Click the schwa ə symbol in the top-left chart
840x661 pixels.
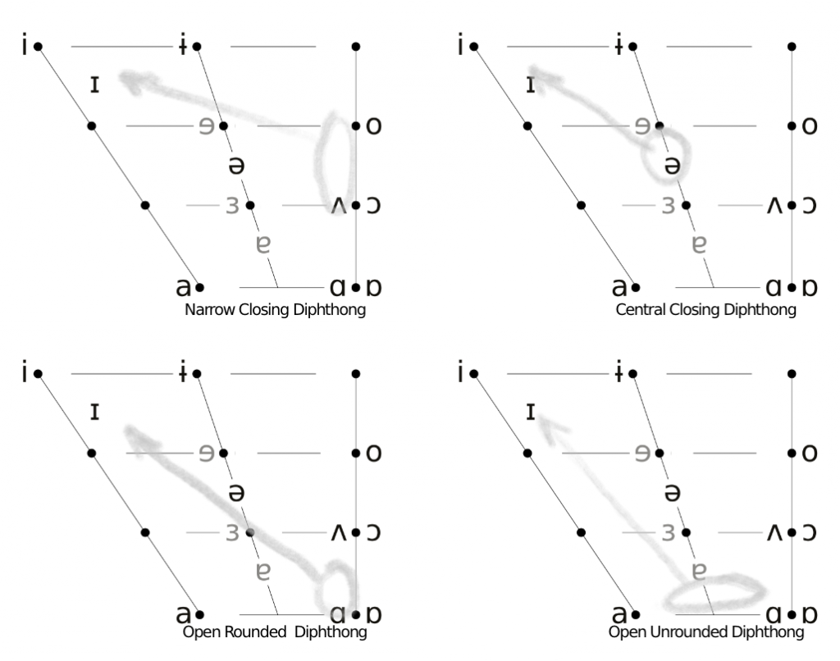(236, 166)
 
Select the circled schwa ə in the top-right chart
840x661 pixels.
(673, 166)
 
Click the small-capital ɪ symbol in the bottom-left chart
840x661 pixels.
(95, 412)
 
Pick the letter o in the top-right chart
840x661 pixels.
(810, 126)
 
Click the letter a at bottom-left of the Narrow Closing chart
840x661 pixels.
(183, 288)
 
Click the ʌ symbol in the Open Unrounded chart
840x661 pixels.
(774, 532)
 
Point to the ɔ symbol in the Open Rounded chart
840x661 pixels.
(373, 532)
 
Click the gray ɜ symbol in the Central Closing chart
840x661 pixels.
(668, 206)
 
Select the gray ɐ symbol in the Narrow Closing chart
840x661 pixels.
(263, 244)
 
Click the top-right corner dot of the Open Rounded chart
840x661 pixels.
(356, 374)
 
